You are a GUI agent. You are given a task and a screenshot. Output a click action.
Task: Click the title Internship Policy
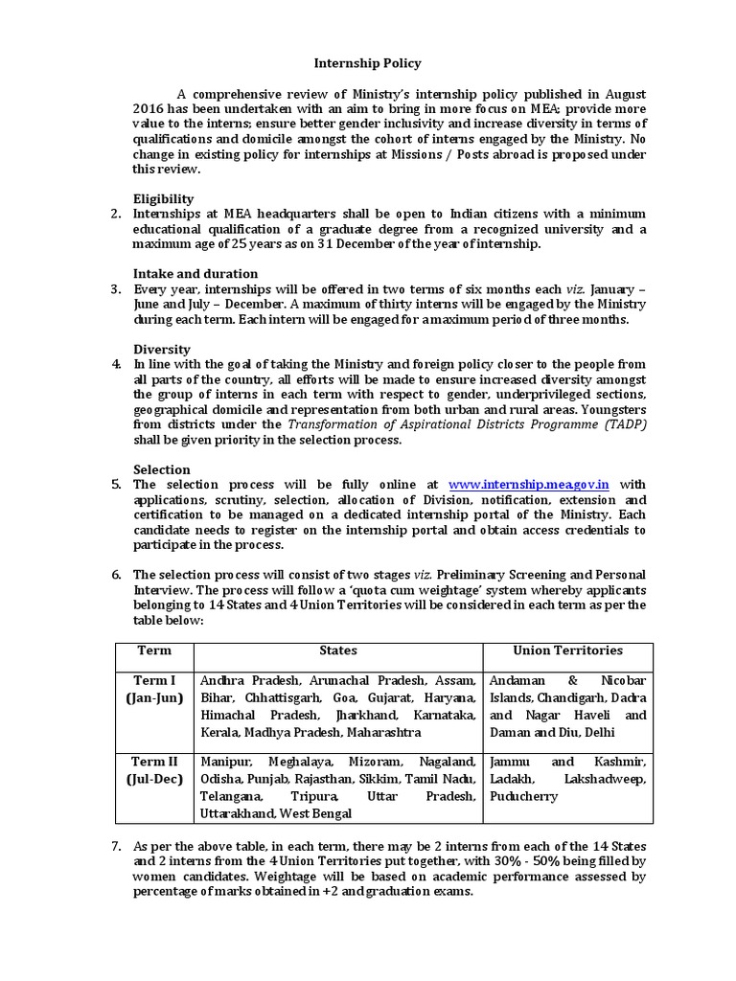click(x=368, y=63)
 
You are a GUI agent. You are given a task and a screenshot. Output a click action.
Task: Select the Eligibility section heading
click(x=165, y=198)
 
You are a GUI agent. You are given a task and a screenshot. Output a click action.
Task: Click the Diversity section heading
click(x=162, y=349)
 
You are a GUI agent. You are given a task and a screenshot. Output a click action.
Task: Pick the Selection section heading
click(x=162, y=469)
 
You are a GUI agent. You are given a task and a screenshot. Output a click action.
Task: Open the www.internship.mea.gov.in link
click(x=529, y=485)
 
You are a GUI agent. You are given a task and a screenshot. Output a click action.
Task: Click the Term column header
click(x=154, y=650)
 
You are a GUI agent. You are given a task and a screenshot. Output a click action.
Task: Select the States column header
click(x=337, y=650)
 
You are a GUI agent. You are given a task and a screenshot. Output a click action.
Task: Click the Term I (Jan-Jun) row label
click(x=154, y=689)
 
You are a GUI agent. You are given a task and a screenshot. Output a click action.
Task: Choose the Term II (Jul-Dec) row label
click(x=154, y=770)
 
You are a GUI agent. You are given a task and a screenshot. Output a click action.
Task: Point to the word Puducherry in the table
click(x=523, y=796)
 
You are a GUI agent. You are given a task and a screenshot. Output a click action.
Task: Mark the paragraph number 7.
click(x=116, y=847)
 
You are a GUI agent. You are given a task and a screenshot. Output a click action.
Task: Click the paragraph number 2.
click(x=116, y=213)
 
